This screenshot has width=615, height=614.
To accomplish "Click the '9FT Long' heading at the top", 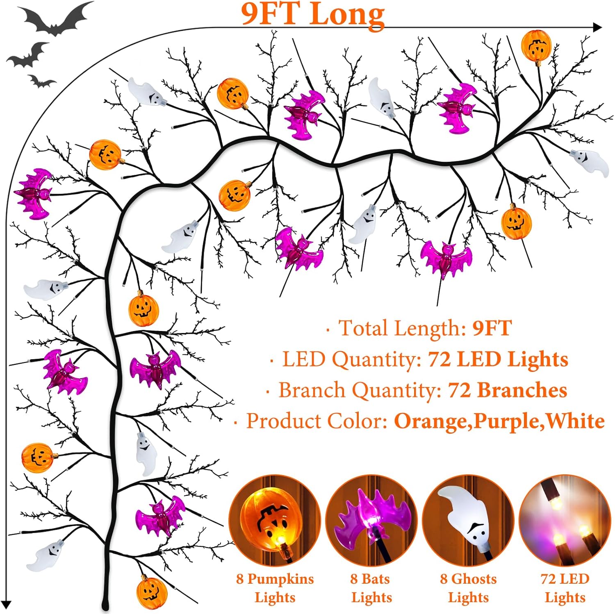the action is (x=312, y=15).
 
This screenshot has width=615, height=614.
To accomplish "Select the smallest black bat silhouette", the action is (x=41, y=82).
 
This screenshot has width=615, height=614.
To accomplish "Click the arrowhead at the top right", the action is (x=598, y=27).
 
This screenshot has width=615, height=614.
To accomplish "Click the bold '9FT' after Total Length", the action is (x=492, y=328).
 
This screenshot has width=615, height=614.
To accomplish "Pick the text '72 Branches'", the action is (x=508, y=390).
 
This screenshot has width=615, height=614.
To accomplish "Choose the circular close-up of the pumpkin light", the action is (x=274, y=521).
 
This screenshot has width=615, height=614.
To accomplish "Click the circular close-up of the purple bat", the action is (x=371, y=521).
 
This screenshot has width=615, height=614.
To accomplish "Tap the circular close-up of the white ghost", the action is (x=468, y=521).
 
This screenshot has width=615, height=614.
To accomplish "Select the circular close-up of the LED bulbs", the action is (x=565, y=521).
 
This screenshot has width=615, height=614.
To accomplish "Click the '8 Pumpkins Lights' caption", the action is (x=275, y=588).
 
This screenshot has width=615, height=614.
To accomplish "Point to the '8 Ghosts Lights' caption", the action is (x=468, y=588).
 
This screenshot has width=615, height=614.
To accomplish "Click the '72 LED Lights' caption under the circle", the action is (x=565, y=588).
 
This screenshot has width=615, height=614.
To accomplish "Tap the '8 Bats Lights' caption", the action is (x=371, y=588).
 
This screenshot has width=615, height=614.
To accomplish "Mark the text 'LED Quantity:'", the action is (x=352, y=359).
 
